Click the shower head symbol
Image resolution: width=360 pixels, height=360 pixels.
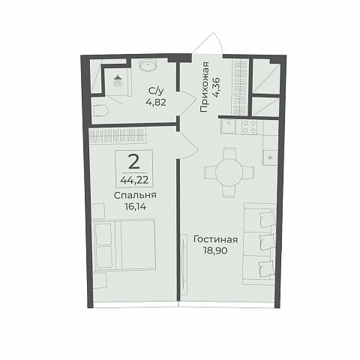118,81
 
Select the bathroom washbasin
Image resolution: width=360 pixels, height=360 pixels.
148,65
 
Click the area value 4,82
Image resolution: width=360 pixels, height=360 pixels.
157,102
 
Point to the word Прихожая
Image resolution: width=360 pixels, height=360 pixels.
204,87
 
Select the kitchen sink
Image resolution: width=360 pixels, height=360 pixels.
228,126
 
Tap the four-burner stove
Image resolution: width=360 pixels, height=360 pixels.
250,127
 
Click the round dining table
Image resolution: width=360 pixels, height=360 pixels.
229,172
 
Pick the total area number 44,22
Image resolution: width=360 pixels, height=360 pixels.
134,180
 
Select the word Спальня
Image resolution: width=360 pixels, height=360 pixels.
135,196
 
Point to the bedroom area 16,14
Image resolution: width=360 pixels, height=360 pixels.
135,207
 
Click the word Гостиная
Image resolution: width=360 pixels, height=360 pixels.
215,239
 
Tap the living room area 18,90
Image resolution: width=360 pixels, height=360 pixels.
215,250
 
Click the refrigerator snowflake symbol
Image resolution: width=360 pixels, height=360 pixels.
270,157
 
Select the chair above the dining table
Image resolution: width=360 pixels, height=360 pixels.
229,153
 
